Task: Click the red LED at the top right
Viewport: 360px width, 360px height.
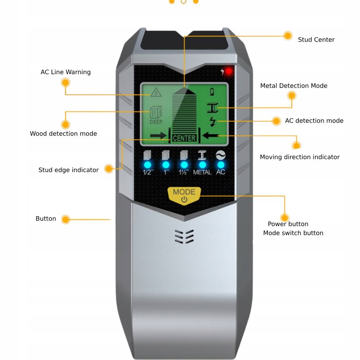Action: pos(229,71)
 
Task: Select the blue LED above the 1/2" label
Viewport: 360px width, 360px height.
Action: pos(148,165)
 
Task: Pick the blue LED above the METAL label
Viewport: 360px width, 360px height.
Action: pos(202,165)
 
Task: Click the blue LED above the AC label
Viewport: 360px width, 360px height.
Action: pos(221,165)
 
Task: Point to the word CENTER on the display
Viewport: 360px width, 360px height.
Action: pos(184,138)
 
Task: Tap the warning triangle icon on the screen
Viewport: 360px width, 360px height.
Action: pos(156,93)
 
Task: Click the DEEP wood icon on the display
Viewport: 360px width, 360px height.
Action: pos(156,115)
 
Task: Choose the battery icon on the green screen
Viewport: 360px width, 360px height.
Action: pos(212,91)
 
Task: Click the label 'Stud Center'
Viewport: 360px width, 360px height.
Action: pos(316,40)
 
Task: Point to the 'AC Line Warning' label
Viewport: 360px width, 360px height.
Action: pos(66,72)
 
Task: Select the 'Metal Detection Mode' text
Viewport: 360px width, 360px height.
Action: pos(294,86)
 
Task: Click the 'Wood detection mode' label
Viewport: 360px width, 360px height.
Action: pos(63,134)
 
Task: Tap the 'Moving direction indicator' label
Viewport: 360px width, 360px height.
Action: pos(300,157)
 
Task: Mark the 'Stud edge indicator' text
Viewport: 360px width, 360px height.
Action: pos(68,170)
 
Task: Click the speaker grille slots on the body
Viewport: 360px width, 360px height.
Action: pos(184,237)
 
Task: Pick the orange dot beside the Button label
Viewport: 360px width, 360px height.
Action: pos(66,219)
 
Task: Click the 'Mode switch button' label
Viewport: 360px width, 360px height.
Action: pos(293,233)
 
